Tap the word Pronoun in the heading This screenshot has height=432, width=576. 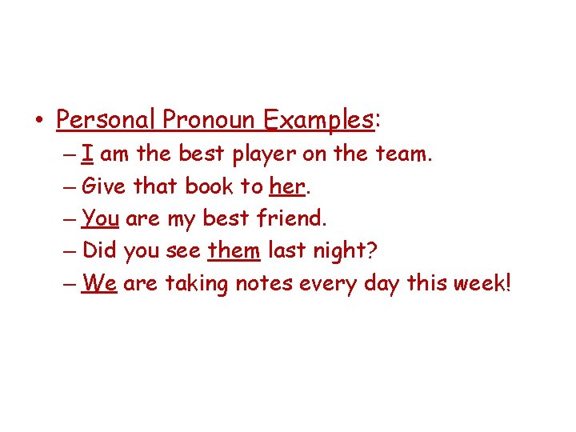[x=209, y=120]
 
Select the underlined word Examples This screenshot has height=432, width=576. [x=318, y=120]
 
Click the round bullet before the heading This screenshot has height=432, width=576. [x=39, y=122]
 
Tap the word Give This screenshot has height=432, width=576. [x=104, y=186]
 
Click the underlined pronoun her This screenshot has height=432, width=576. [x=287, y=186]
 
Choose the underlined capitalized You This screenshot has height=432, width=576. [x=100, y=218]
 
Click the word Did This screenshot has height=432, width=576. [x=100, y=250]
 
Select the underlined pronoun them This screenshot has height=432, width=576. [x=234, y=250]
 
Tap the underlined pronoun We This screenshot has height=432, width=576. [x=99, y=283]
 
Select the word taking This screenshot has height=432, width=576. [x=196, y=284]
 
